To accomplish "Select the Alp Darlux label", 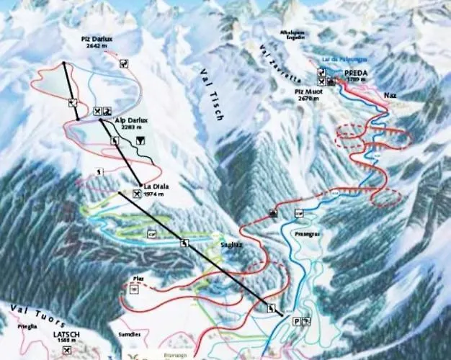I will pos(131,120).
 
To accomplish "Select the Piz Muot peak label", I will pos(307,92).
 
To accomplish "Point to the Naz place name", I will pos(390,95).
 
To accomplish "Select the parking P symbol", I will pos(295,320).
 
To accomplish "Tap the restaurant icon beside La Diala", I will pos(138,194).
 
